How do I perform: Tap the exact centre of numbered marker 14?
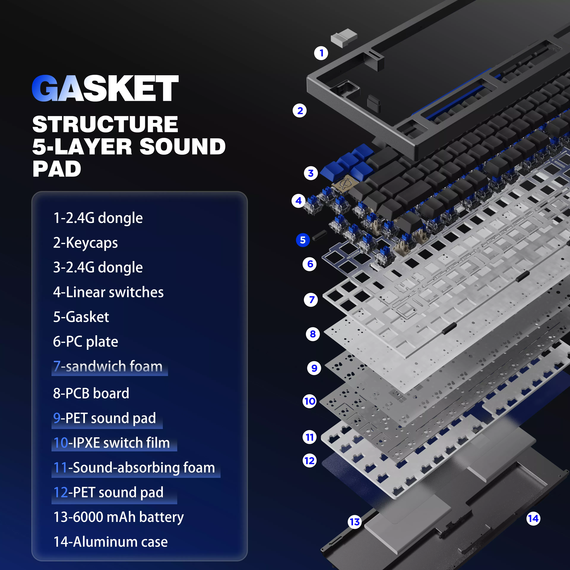(x=533, y=518)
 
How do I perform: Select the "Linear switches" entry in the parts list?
(x=108, y=292)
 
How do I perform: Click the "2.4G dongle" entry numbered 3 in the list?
(x=98, y=267)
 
